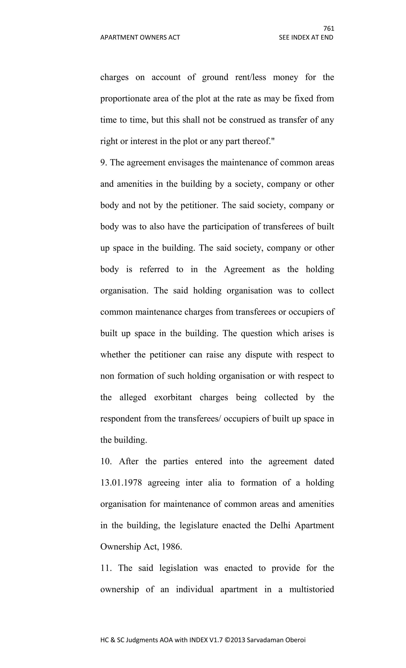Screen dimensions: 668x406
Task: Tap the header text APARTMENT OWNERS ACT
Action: (x=140, y=37)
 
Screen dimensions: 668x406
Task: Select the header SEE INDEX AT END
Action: (x=306, y=37)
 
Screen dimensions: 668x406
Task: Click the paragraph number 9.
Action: (x=103, y=163)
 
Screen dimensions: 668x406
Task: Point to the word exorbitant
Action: (x=173, y=397)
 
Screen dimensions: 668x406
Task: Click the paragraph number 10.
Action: (x=106, y=461)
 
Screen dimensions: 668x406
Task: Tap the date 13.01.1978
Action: (x=121, y=483)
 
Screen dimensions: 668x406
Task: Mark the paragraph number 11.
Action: (x=106, y=568)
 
